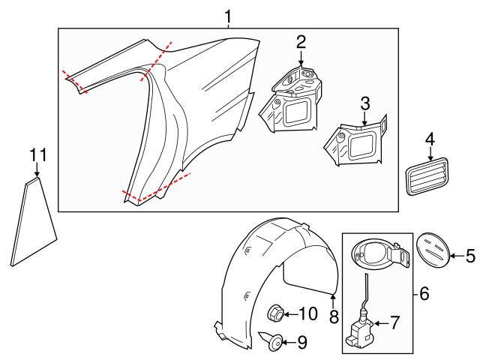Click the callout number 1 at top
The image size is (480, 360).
point(229,14)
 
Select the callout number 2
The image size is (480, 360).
point(300,42)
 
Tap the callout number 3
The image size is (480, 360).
point(364,103)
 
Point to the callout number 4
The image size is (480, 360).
point(430,139)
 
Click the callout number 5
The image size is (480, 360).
point(470,256)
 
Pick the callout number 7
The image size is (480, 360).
point(395,323)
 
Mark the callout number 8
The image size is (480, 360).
point(334,317)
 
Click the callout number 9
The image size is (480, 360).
point(302,343)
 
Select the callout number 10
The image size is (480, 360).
point(307,313)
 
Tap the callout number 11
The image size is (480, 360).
point(38,155)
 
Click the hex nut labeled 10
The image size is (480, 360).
point(276,313)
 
